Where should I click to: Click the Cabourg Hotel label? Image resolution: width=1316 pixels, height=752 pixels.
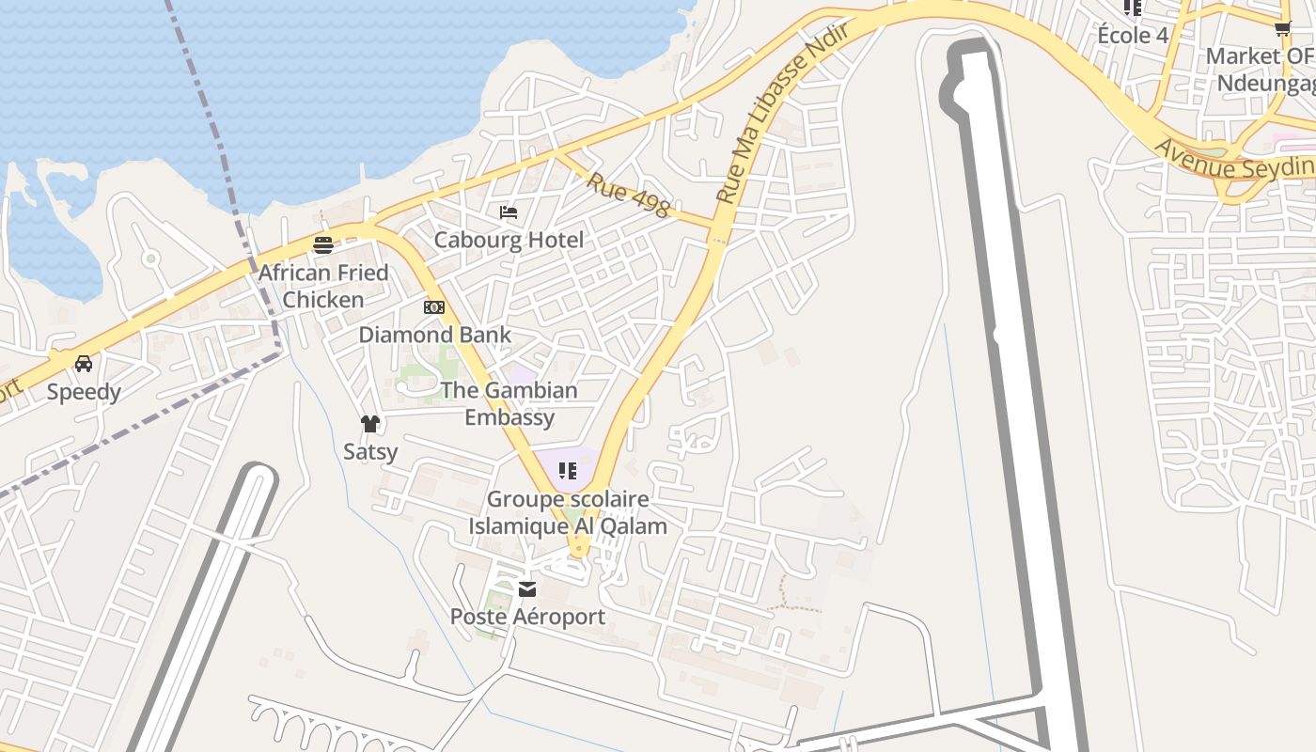509,240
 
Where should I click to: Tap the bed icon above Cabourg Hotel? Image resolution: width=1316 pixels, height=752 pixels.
509,212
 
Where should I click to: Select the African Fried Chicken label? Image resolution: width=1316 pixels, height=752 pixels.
323,286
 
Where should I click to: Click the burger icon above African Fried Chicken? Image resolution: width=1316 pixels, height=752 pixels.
323,245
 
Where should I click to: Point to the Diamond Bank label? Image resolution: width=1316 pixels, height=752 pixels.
435,335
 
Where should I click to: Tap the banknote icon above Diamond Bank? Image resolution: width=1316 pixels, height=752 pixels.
434,307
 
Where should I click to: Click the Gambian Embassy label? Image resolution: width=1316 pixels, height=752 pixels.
509,403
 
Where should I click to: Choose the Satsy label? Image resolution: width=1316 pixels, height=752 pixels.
370,451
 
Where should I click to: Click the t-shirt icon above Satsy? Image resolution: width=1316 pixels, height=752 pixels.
369,424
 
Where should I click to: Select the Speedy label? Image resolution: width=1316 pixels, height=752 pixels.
84,392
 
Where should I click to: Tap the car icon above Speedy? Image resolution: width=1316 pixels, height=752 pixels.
84,364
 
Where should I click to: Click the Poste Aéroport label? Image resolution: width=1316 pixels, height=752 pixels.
527,617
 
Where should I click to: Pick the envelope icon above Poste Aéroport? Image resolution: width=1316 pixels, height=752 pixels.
527,589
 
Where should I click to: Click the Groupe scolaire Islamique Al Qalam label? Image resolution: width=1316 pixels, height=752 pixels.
568,512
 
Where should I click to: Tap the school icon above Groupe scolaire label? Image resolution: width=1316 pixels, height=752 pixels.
567,470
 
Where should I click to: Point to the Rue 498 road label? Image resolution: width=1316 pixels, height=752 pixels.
628,195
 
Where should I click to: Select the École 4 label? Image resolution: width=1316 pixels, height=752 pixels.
1133,36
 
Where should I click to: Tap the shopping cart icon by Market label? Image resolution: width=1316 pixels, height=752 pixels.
1283,28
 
